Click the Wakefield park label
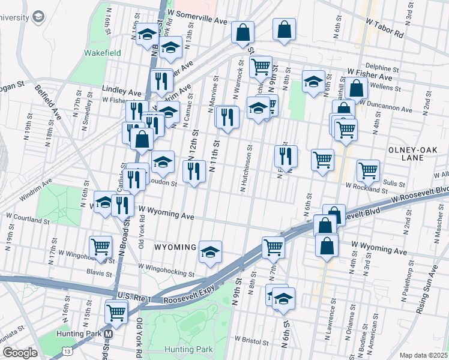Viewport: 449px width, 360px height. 102,53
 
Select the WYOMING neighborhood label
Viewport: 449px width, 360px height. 175,247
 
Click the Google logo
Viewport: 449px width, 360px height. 20,353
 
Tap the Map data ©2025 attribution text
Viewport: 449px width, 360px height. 424,355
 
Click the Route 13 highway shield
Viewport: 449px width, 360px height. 67,350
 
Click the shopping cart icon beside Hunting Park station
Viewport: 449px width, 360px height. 115,311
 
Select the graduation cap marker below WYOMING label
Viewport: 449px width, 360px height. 211,252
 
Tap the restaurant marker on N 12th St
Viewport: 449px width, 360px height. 193,172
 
